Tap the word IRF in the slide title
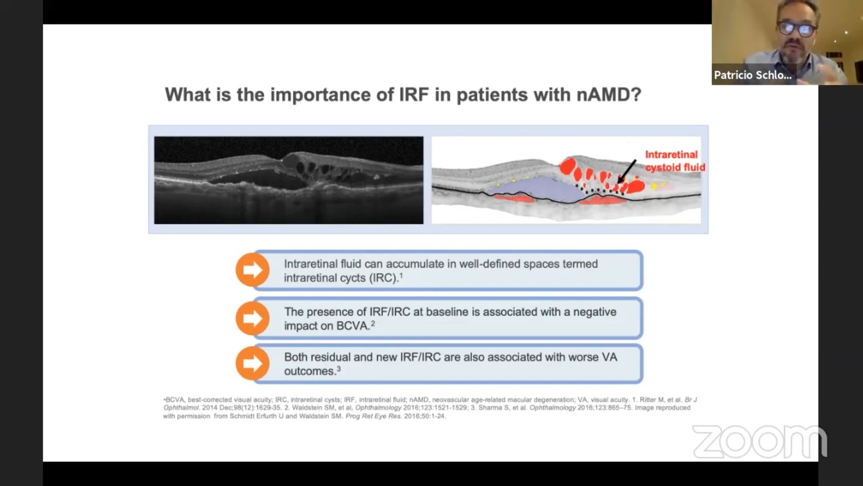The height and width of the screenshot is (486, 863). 414,94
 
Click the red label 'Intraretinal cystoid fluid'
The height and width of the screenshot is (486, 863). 675,161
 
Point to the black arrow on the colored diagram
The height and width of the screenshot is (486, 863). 627,171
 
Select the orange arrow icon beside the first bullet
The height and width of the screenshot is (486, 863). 252,269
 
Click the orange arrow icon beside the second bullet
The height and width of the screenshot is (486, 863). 252,318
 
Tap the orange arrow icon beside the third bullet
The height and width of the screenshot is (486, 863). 252,363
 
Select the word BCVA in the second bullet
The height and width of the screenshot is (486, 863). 353,326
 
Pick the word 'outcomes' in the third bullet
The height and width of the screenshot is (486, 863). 310,372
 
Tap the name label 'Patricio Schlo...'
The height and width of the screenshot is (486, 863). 752,75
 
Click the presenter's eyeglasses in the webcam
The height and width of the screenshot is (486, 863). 796,29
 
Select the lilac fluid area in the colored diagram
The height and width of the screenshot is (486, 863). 537,188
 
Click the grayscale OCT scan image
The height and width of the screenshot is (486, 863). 289,180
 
